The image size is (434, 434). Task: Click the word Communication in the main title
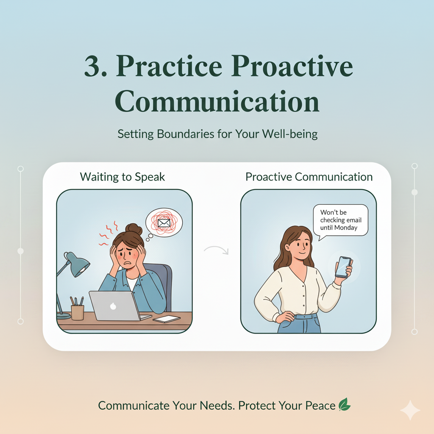217,102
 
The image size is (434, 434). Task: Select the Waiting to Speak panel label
122,177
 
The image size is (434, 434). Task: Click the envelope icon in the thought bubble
164,222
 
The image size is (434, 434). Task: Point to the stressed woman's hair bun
134,229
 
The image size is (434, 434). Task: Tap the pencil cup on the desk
78,312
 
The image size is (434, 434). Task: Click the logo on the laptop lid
113,305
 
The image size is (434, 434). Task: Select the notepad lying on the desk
167,319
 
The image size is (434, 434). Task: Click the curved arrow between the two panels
216,250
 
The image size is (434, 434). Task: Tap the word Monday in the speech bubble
346,228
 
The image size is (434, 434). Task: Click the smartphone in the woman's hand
343,267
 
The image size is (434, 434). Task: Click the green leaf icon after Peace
344,405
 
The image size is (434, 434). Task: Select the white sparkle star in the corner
410,410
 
